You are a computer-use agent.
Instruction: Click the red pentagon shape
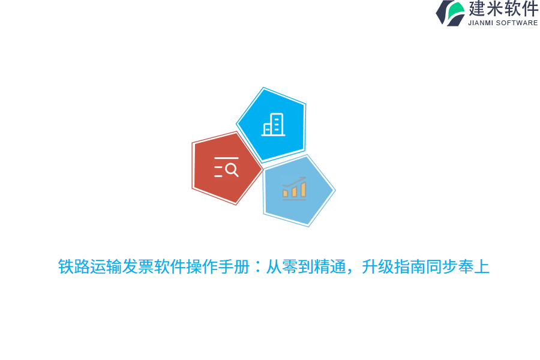coord(225,169)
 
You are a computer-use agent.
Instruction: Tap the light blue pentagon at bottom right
coord(297,191)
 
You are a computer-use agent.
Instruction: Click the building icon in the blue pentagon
coord(273,125)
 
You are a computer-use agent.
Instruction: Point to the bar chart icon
coord(295,188)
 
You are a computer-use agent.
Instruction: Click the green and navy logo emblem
coord(451,13)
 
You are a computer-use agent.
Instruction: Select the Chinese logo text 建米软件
coord(503,9)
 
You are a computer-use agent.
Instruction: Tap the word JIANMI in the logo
coord(481,23)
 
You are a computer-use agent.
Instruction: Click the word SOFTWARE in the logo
coord(517,23)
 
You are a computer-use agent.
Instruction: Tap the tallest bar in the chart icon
coord(304,190)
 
